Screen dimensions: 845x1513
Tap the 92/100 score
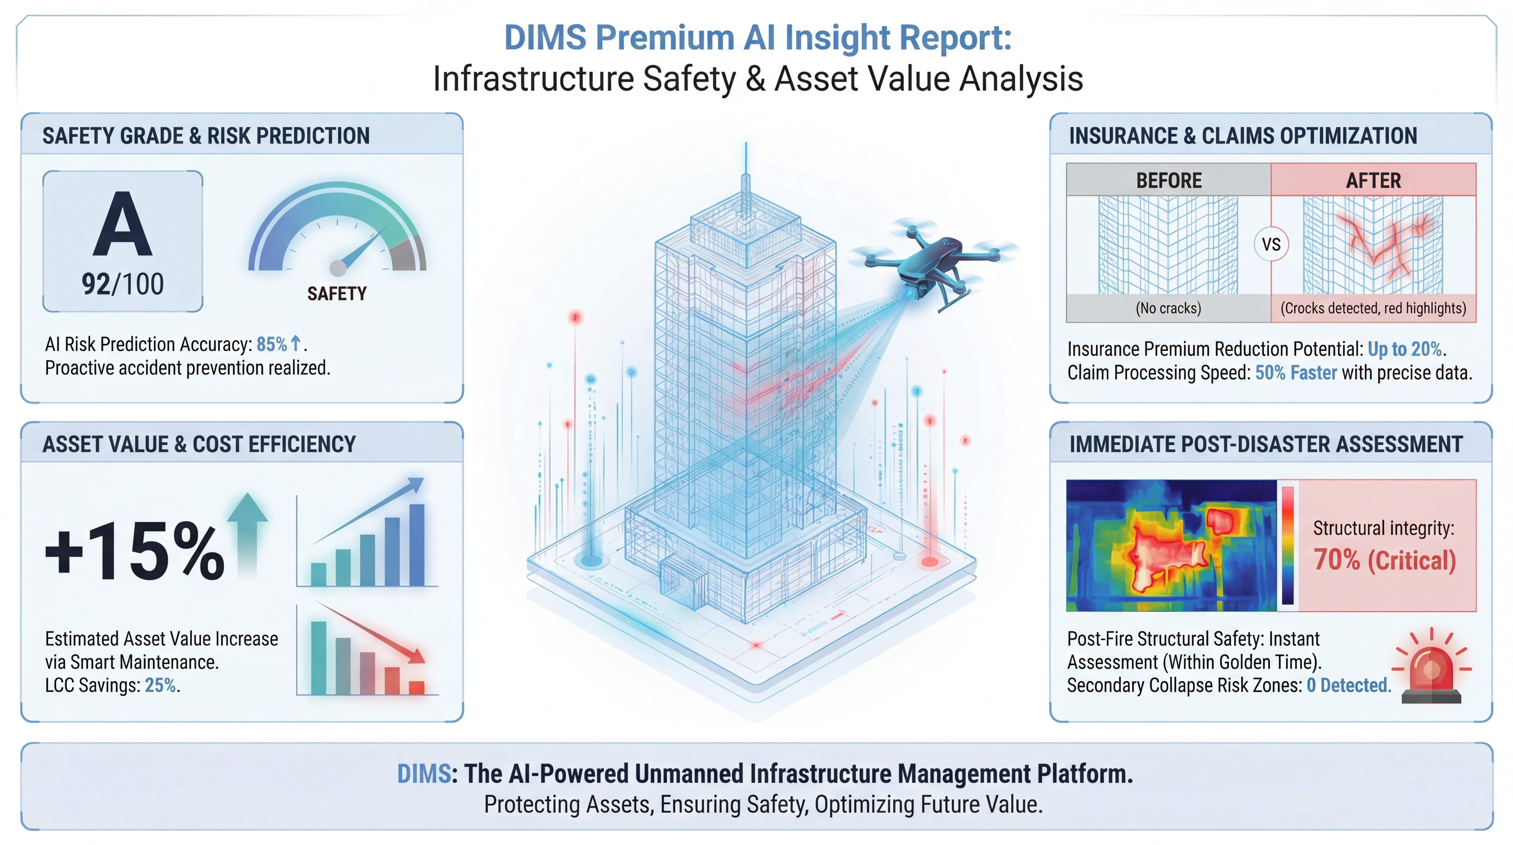click(123, 284)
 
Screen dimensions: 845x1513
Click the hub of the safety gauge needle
click(338, 268)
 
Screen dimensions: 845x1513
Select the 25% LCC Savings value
click(160, 685)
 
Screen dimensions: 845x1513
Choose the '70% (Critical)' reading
click(1384, 559)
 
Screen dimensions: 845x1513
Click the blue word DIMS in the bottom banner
click(424, 774)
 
